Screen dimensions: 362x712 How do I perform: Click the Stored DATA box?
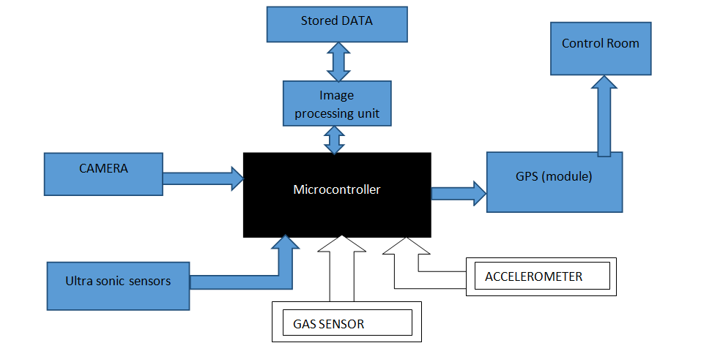click(336, 24)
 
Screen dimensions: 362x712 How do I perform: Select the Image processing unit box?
click(336, 103)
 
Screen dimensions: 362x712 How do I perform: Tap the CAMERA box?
click(103, 173)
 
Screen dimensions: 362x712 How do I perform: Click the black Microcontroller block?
click(337, 195)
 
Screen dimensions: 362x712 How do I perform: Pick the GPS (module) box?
click(555, 182)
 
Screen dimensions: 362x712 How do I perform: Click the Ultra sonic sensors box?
click(118, 284)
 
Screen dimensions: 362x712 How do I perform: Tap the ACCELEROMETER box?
click(541, 276)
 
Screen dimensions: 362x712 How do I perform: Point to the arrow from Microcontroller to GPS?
click(459, 193)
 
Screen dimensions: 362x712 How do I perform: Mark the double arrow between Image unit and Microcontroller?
click(335, 139)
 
